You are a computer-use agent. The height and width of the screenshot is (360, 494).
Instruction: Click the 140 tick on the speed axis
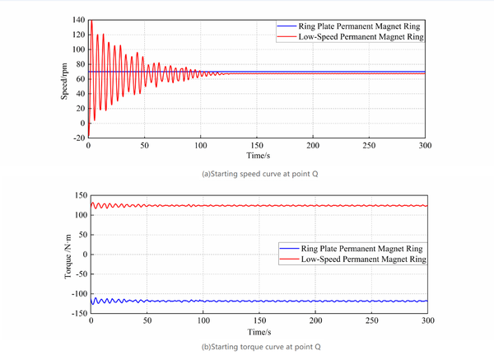pyautogui.click(x=77, y=19)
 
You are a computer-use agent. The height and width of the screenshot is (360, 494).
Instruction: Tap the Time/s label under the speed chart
pyautogui.click(x=257, y=154)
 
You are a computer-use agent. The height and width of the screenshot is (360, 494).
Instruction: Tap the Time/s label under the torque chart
pyautogui.click(x=257, y=331)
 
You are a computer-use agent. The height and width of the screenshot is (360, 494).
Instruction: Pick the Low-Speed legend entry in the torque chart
pyautogui.click(x=352, y=258)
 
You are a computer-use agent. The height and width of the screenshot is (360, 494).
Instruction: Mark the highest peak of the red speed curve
pyautogui.click(x=90, y=21)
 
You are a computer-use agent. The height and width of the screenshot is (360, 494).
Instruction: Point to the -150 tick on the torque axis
pyautogui.click(x=77, y=313)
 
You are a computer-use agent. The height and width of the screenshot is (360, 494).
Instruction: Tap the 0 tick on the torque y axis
pyautogui.click(x=82, y=255)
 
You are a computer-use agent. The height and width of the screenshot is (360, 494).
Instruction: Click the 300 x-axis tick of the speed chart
pyautogui.click(x=425, y=145)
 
